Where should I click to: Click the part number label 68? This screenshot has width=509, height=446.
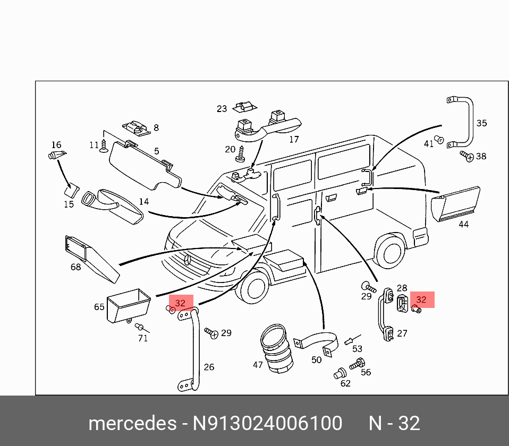click(76, 267)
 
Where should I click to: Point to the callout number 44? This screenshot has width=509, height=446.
click(463, 224)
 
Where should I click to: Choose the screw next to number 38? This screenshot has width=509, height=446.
click(467, 156)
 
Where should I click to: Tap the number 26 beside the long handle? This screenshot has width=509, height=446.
click(209, 367)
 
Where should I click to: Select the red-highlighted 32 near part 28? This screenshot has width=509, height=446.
click(421, 300)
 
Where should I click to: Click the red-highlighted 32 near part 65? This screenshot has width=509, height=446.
click(180, 303)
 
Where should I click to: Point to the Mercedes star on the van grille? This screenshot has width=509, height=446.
click(188, 260)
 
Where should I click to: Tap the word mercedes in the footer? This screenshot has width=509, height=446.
click(132, 424)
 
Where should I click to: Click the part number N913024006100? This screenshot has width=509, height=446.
click(267, 424)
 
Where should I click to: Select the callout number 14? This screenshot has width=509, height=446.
click(144, 202)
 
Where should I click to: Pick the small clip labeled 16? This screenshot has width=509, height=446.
click(56, 155)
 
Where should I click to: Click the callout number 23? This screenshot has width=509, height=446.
click(222, 109)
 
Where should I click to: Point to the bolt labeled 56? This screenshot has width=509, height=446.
click(357, 364)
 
